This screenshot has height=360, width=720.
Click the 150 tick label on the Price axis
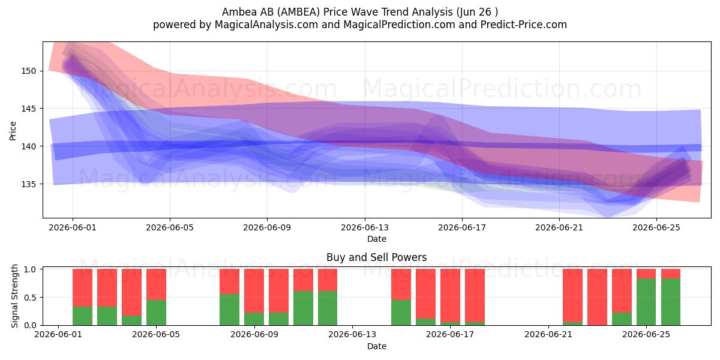pyautogui.click(x=28, y=71)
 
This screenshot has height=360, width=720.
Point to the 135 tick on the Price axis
pyautogui.click(x=28, y=184)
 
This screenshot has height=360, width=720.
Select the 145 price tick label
pyautogui.click(x=28, y=109)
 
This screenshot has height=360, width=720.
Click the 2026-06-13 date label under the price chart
pyautogui.click(x=365, y=227)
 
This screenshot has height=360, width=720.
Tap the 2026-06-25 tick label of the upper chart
pyautogui.click(x=656, y=227)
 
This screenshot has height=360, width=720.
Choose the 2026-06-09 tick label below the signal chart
pyautogui.click(x=254, y=334)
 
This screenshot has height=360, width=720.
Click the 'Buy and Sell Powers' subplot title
pyautogui.click(x=376, y=257)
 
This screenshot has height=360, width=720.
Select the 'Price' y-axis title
pyautogui.click(x=13, y=131)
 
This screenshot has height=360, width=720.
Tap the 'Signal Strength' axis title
pyautogui.click(x=14, y=296)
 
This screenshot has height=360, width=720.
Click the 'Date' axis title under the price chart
pyautogui.click(x=377, y=239)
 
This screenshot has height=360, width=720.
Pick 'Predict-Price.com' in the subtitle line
pyautogui.click(x=524, y=25)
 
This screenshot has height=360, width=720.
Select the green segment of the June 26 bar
pyautogui.click(x=671, y=302)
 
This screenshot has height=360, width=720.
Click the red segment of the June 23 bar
pyautogui.click(x=597, y=297)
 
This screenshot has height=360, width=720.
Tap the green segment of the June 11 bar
pyautogui.click(x=303, y=308)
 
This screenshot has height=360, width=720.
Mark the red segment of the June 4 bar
pyautogui.click(x=131, y=292)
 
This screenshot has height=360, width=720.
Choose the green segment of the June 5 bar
pyautogui.click(x=156, y=313)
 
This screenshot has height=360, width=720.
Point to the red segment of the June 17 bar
pyautogui.click(x=450, y=295)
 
